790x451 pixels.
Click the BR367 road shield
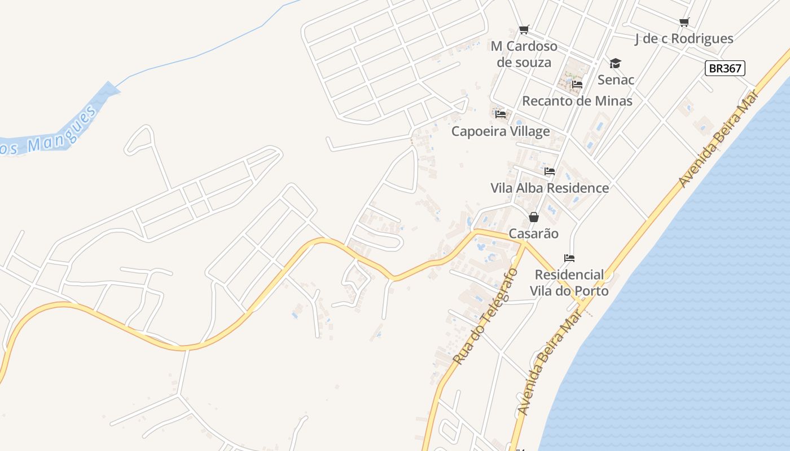[x=725, y=68]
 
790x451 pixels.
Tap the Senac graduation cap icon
[x=615, y=63]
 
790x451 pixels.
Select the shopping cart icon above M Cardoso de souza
[x=524, y=29]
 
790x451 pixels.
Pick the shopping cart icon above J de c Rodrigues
[x=684, y=22]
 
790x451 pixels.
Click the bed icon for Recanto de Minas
[x=577, y=85]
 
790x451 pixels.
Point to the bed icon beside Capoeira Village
[x=501, y=114]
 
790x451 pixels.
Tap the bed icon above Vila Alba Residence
[x=550, y=171]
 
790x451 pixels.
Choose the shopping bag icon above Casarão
[x=534, y=217]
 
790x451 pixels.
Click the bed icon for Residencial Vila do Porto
[x=569, y=258]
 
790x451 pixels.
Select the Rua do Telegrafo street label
[x=485, y=316]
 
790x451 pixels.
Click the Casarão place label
[x=534, y=233]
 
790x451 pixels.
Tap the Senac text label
[x=616, y=79]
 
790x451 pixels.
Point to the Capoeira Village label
[x=501, y=131]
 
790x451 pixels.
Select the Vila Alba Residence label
[x=550, y=188]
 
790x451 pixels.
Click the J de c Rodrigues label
[x=684, y=38]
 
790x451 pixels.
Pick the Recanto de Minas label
[x=577, y=101]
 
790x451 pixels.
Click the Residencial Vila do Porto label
[x=569, y=282]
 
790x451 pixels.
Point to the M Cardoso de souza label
[x=524, y=54]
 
